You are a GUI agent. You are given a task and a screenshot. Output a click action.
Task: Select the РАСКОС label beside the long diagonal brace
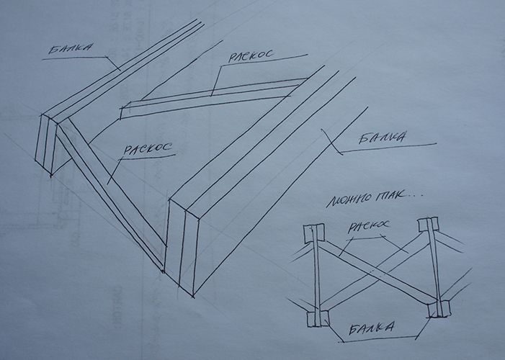coord(148,149)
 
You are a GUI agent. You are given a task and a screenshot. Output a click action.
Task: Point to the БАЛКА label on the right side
coord(382,138)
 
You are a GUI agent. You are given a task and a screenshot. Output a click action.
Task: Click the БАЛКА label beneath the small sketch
coord(371,328)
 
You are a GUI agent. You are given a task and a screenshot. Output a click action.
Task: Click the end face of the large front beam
coord(183,247)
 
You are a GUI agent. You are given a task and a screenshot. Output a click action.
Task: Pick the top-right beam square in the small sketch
coord(428,225)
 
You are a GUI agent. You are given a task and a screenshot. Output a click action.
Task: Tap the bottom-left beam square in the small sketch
coord(318,319)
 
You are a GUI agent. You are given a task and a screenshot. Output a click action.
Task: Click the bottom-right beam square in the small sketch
coord(439,309)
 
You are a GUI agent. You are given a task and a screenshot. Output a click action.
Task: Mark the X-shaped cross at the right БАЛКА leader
coord(332,142)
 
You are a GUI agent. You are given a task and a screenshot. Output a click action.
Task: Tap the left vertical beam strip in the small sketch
coord(316,275)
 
